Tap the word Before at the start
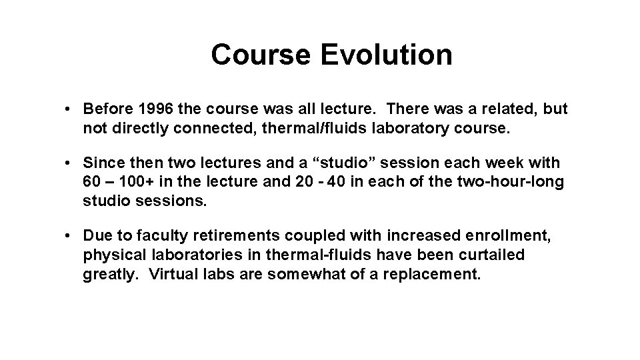[105, 109]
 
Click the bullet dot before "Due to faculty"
[69, 237]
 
